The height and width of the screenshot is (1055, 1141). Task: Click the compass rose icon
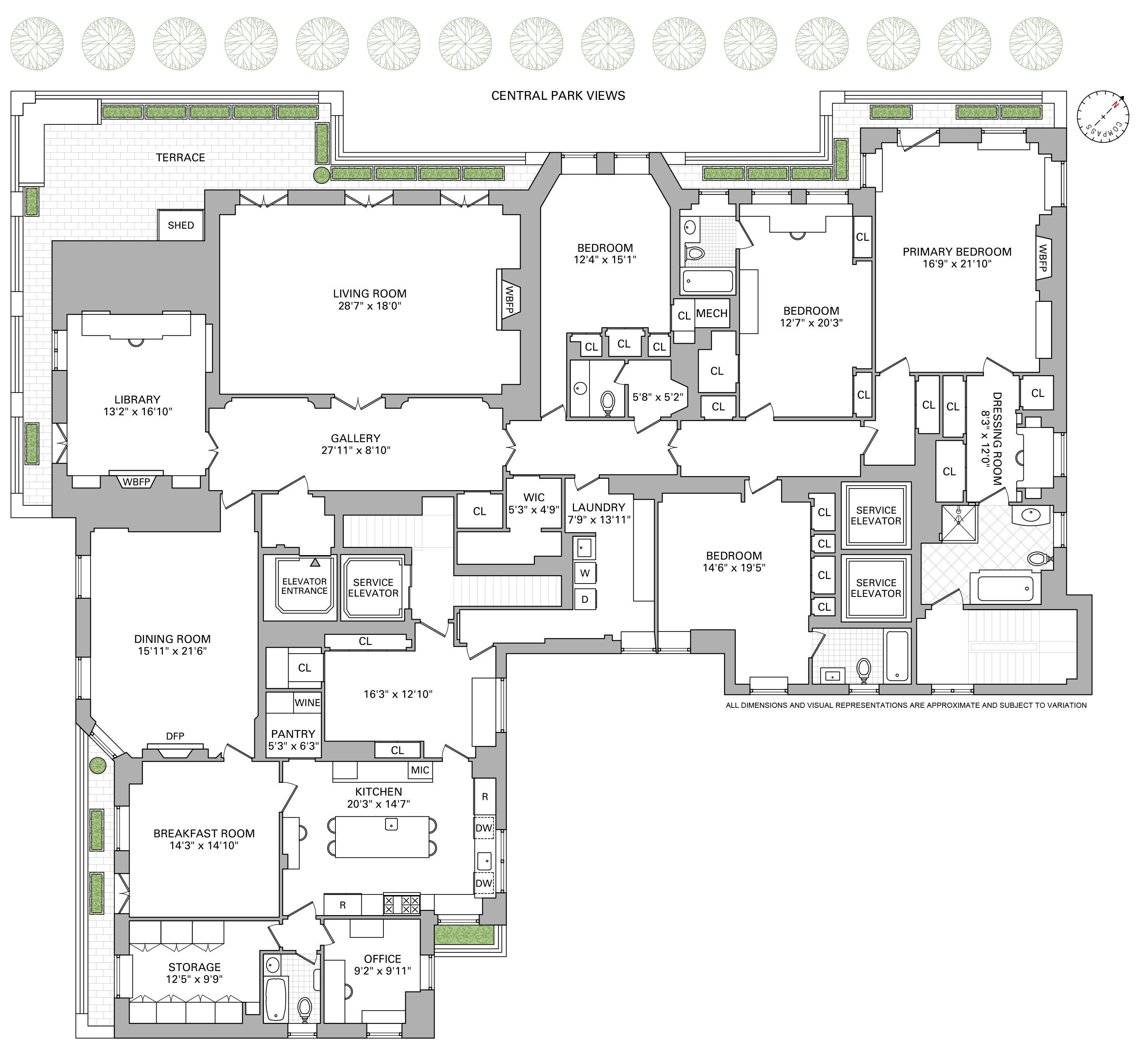pyautogui.click(x=1103, y=124)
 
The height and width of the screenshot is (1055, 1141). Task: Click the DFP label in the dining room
pyautogui.click(x=175, y=736)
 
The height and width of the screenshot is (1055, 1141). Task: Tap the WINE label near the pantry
pyautogui.click(x=307, y=703)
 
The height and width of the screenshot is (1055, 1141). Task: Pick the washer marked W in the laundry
pyautogui.click(x=584, y=573)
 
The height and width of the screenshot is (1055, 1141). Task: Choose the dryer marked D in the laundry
pyautogui.click(x=584, y=599)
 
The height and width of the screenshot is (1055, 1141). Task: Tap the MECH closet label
pyautogui.click(x=711, y=313)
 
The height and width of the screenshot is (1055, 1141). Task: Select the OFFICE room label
pyautogui.click(x=382, y=959)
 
